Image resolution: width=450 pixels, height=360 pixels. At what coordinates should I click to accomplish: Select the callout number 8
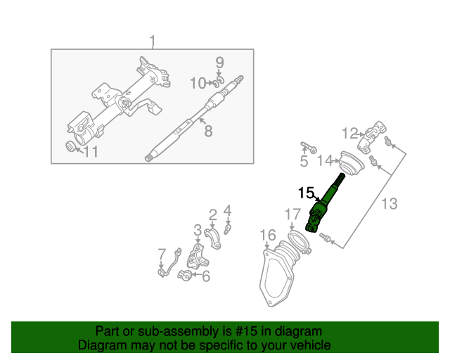point(207,131)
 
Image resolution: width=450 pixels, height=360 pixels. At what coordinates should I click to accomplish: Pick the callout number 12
point(350,132)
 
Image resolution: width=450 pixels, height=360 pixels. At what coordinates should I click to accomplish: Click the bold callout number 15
point(305,192)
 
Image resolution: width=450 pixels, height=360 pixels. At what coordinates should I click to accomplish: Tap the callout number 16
point(268,234)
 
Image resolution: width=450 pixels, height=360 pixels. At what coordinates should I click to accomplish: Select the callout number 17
point(292,214)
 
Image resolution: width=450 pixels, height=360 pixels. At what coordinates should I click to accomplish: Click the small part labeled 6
point(187,275)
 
